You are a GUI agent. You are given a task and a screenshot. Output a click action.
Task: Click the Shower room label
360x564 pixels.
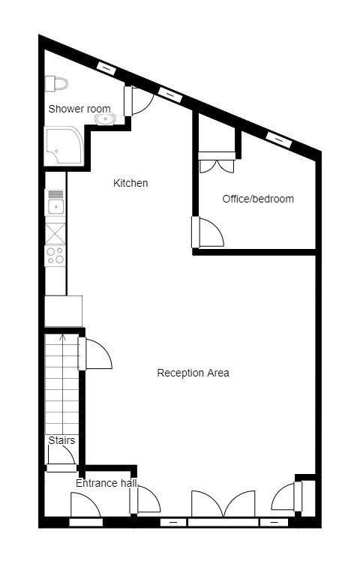pyautogui.click(x=79, y=109)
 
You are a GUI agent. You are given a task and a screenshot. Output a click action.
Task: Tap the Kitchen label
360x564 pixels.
pyautogui.click(x=130, y=183)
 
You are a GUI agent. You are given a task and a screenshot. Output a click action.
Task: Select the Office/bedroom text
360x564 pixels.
pyautogui.click(x=258, y=199)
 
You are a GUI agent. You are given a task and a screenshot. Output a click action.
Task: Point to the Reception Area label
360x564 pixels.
pyautogui.click(x=193, y=373)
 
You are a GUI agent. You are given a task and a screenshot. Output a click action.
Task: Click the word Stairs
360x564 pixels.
pyautogui.click(x=61, y=440)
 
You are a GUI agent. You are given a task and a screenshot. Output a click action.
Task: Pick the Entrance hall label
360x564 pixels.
pyautogui.click(x=106, y=483)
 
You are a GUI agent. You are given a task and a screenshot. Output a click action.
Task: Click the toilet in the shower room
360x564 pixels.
pyautogui.click(x=56, y=84)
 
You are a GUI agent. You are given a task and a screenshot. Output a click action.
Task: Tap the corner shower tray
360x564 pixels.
pyautogui.click(x=64, y=145)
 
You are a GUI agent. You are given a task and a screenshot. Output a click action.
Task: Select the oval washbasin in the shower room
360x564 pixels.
pyautogui.click(x=105, y=118)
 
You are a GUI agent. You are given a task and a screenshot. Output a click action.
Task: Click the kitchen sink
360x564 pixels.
pyautogui.click(x=55, y=202)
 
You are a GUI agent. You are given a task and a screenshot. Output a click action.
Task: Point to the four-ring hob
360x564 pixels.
pyautogui.click(x=55, y=256)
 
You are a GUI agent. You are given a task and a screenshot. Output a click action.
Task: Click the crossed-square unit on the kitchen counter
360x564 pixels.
pyautogui.click(x=55, y=233)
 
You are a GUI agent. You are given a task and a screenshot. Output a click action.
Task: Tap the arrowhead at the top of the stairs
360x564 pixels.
pyautogui.click(x=62, y=337)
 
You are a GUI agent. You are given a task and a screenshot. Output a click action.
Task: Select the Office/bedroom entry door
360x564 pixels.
pyautogui.click(x=208, y=232)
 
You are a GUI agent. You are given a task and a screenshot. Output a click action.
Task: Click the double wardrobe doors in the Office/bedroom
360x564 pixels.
pyautogui.click(x=217, y=163)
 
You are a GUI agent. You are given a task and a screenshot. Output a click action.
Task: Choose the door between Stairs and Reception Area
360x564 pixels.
pyautogui.click(x=95, y=353)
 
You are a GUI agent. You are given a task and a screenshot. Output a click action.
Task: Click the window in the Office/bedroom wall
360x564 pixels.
pyautogui.click(x=278, y=140)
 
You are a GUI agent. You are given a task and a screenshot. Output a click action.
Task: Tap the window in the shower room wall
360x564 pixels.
pyautogui.click(x=106, y=68)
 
